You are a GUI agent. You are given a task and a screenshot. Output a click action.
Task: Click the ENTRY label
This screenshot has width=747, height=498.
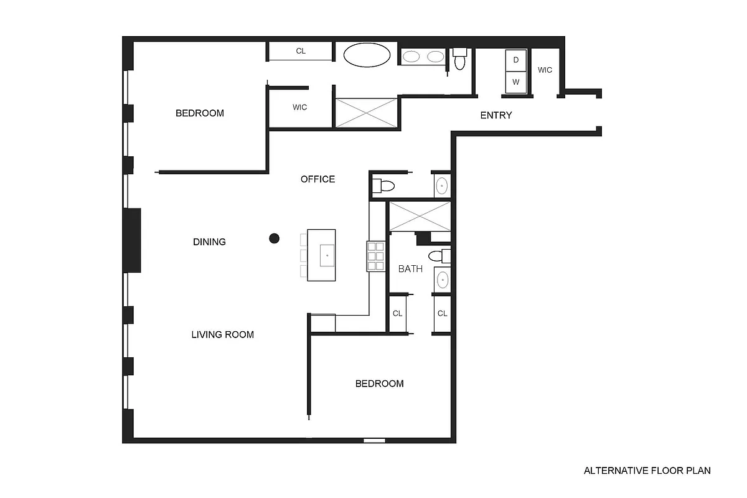496,115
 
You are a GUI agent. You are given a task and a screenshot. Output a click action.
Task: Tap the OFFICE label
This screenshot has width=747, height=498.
317,179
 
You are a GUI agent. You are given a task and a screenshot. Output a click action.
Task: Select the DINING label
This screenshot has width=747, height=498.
209,242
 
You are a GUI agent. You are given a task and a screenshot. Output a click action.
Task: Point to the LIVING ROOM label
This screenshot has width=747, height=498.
222,334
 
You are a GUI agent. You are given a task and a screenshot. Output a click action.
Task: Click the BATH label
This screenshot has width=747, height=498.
410,269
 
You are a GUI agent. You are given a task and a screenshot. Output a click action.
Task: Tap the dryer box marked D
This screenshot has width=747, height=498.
515,60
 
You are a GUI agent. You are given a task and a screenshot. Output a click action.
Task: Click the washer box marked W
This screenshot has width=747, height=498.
515,82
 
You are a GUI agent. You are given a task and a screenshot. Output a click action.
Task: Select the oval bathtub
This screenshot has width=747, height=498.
367,55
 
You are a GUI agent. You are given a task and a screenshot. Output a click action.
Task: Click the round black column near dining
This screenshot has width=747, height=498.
273,238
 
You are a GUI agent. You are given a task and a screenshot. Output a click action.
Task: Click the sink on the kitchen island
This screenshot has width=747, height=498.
327,255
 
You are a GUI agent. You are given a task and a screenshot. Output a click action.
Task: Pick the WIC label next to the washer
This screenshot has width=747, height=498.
545,70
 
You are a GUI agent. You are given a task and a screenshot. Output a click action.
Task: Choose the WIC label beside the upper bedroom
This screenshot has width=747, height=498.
299,107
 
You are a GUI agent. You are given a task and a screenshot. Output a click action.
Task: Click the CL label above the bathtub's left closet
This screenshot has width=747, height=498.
301,51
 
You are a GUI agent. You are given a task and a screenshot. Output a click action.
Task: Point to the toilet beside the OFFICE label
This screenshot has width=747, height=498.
383,186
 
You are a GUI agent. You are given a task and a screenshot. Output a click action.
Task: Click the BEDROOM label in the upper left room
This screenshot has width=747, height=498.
199,113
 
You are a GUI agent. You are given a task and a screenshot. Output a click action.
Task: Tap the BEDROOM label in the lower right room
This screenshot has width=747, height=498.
379,383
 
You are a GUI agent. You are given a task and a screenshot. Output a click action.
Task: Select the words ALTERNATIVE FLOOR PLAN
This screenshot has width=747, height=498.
647,471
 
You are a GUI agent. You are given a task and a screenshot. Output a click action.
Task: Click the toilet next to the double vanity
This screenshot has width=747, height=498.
460,59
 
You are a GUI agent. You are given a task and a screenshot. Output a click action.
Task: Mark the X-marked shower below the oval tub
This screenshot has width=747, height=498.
366,113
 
